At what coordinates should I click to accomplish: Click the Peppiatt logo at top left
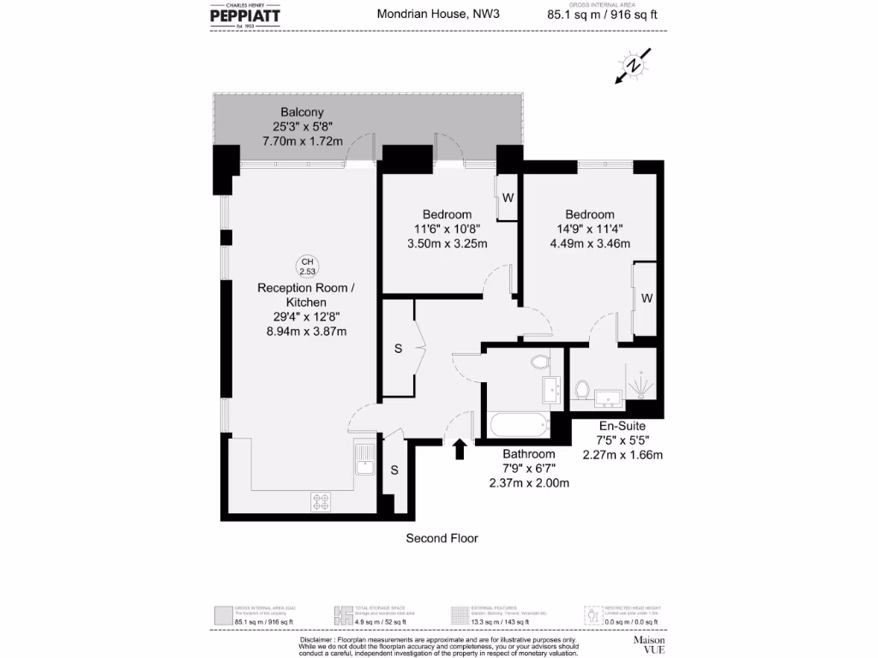(x=245, y=16)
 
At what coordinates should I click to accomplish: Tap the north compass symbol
(x=634, y=67)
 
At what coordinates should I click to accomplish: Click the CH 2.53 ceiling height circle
(x=307, y=266)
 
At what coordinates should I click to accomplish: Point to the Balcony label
(x=302, y=112)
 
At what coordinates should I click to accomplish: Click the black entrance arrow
(x=460, y=449)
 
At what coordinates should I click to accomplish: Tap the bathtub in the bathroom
(x=518, y=425)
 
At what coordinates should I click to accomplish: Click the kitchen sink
(x=364, y=461)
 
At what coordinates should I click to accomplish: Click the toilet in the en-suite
(x=581, y=390)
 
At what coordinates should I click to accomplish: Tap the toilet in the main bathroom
(x=539, y=362)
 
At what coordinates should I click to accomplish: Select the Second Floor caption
(x=442, y=538)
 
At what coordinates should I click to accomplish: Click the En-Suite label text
(x=622, y=426)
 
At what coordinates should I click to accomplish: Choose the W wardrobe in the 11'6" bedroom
(x=508, y=198)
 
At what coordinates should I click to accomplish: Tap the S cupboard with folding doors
(x=398, y=348)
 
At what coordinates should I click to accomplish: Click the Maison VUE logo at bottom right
(x=650, y=644)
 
